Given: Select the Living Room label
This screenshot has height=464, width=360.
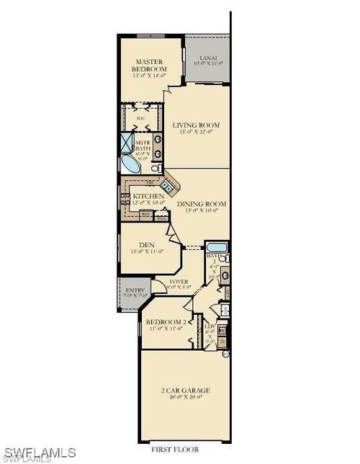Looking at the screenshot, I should (196, 125).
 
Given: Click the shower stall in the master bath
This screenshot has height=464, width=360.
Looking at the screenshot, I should (125, 141).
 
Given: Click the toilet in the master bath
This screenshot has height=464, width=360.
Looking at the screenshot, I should (156, 166).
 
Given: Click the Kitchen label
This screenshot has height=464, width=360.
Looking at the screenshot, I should (148, 195).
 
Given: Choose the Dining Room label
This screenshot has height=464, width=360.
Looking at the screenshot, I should (202, 204).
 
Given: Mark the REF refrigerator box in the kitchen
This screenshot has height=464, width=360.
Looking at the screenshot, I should (146, 214).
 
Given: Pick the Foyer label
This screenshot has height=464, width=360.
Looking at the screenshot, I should (179, 281).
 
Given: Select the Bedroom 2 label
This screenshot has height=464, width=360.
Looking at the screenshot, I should (164, 321).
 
